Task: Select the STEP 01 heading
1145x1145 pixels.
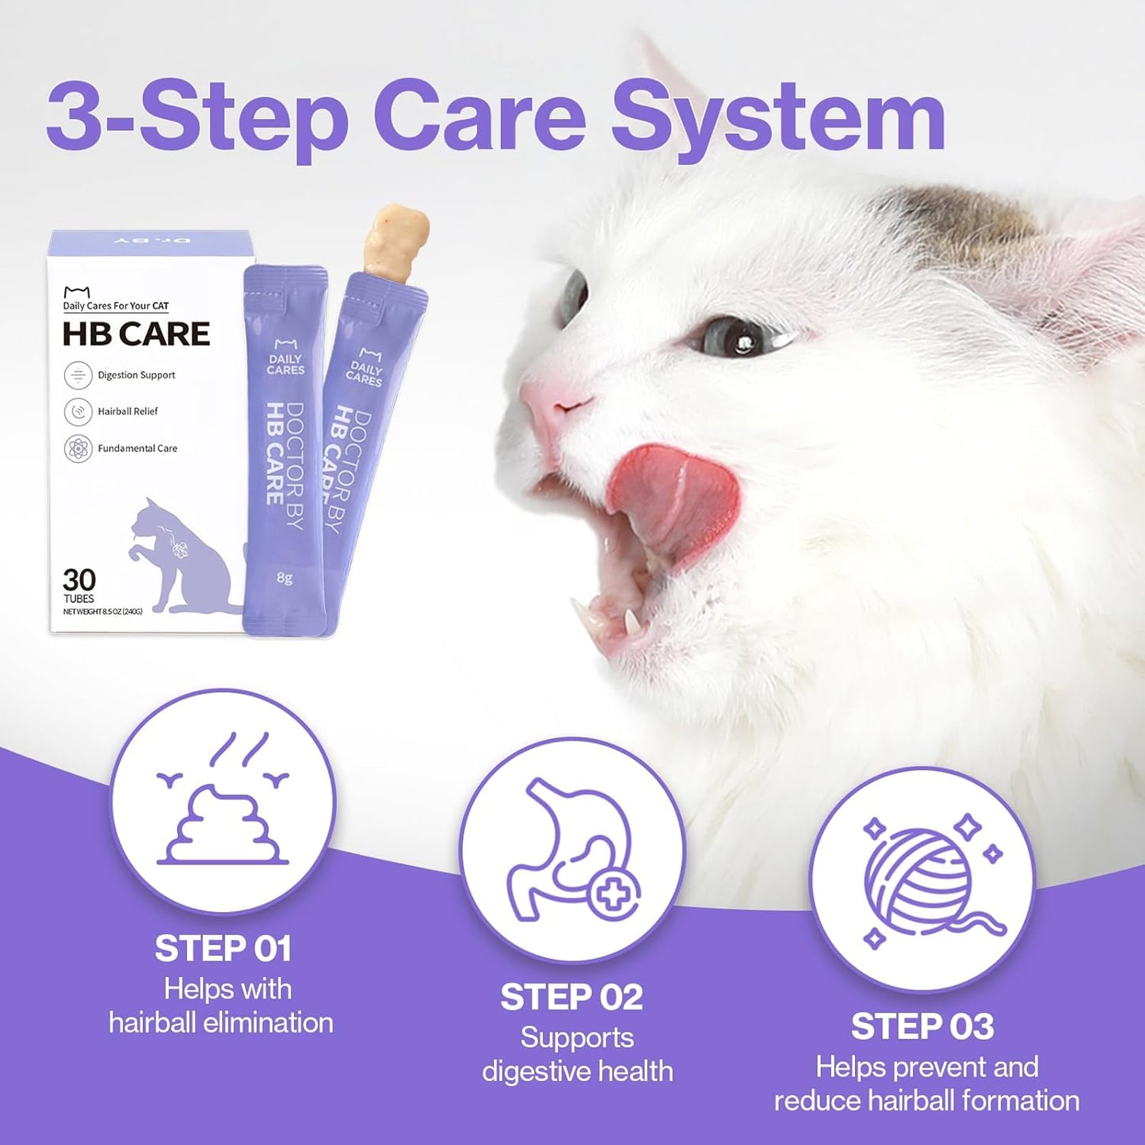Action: [x=223, y=948]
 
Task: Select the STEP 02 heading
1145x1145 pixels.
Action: [x=571, y=997]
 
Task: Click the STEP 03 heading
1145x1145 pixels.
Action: [x=922, y=1026]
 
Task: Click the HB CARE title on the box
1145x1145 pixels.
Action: [x=135, y=334]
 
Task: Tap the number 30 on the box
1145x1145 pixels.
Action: [x=79, y=579]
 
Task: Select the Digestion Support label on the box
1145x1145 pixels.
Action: [x=136, y=375]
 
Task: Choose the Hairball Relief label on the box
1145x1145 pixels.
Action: [x=128, y=411]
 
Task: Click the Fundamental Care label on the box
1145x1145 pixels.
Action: [x=137, y=448]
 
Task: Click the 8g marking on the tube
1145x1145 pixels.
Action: [x=284, y=578]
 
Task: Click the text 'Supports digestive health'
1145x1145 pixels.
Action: [x=577, y=1054]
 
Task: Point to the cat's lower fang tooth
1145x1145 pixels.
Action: [x=632, y=621]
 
